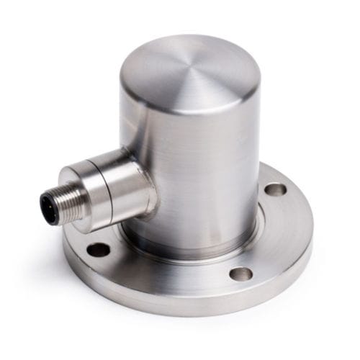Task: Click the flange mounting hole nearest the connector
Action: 98,249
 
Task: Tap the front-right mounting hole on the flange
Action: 243,274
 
